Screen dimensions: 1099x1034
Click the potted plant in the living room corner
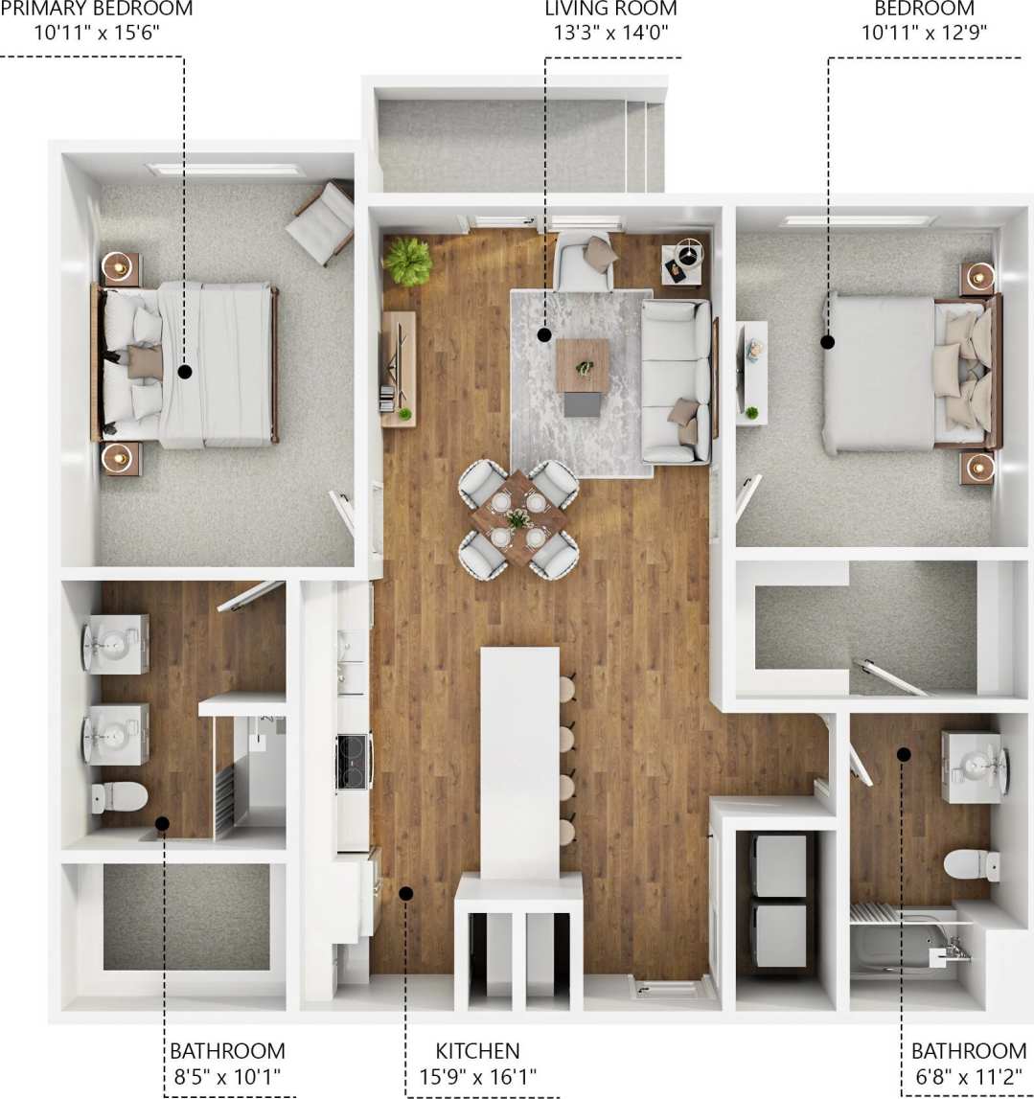point(408,261)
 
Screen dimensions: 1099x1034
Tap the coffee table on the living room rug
point(582,366)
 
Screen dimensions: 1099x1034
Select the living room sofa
point(677,380)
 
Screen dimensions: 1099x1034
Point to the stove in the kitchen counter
point(353,760)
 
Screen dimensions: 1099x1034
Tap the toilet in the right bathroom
point(970,863)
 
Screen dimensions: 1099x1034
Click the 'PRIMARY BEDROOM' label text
point(97,10)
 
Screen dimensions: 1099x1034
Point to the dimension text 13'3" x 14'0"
point(610,32)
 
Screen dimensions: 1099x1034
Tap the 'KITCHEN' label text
point(477,1051)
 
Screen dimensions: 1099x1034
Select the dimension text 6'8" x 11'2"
point(968,1076)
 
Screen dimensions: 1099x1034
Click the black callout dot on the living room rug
point(544,335)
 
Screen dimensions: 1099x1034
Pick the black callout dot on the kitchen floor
point(405,893)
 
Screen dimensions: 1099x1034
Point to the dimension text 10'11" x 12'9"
point(924,32)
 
